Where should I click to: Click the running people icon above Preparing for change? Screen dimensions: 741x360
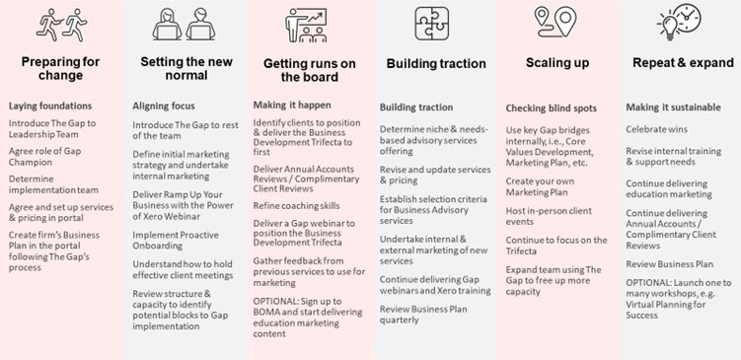click(60, 22)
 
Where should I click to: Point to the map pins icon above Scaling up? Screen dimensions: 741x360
click(555, 20)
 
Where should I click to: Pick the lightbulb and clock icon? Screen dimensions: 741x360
click(680, 22)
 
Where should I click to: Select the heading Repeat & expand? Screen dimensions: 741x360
click(679, 62)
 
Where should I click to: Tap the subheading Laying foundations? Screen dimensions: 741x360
click(50, 105)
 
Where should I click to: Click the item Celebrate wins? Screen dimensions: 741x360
click(657, 129)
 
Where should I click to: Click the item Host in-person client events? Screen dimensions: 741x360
click(549, 215)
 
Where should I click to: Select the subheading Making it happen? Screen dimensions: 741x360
click(291, 105)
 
